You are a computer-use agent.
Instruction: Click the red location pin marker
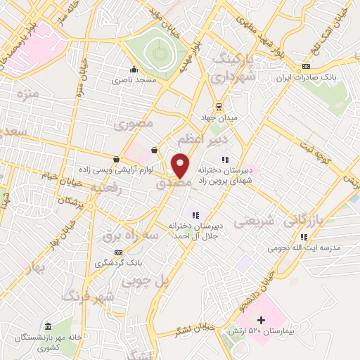(x=181, y=166)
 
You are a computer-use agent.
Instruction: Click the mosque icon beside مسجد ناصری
(x=134, y=70)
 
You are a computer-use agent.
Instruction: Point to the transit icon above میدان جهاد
(x=219, y=107)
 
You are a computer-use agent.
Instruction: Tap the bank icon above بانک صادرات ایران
(x=305, y=67)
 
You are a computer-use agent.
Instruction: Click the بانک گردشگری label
(x=114, y=262)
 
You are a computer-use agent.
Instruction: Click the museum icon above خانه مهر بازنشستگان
(x=47, y=326)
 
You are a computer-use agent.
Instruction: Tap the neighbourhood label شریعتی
(x=250, y=221)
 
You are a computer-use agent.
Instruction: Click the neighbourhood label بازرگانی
(x=307, y=221)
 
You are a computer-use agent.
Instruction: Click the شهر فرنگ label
(x=89, y=296)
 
